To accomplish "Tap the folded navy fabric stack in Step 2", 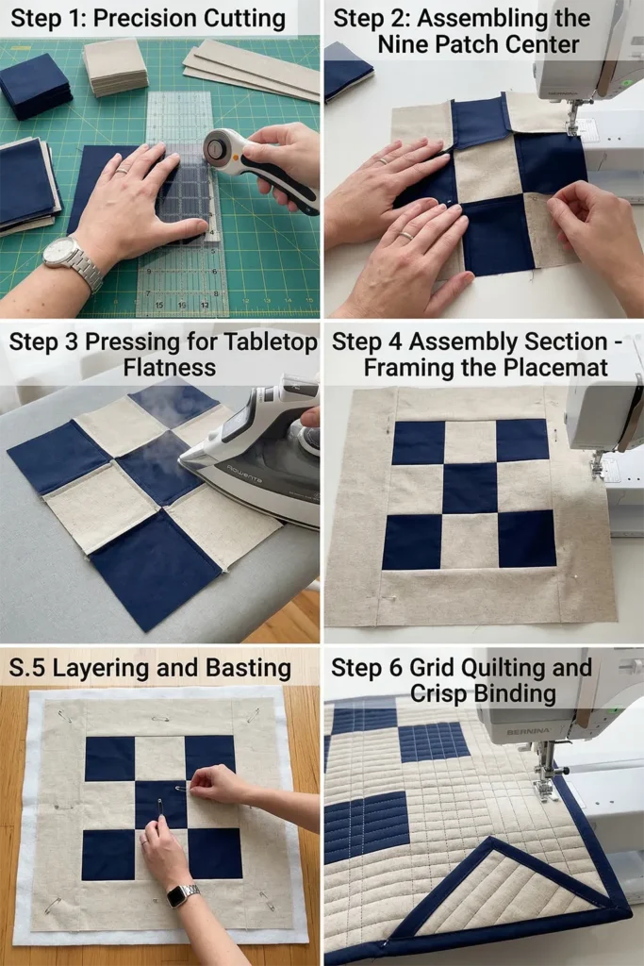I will (x=347, y=70).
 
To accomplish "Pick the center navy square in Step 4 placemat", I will (x=470, y=488).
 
